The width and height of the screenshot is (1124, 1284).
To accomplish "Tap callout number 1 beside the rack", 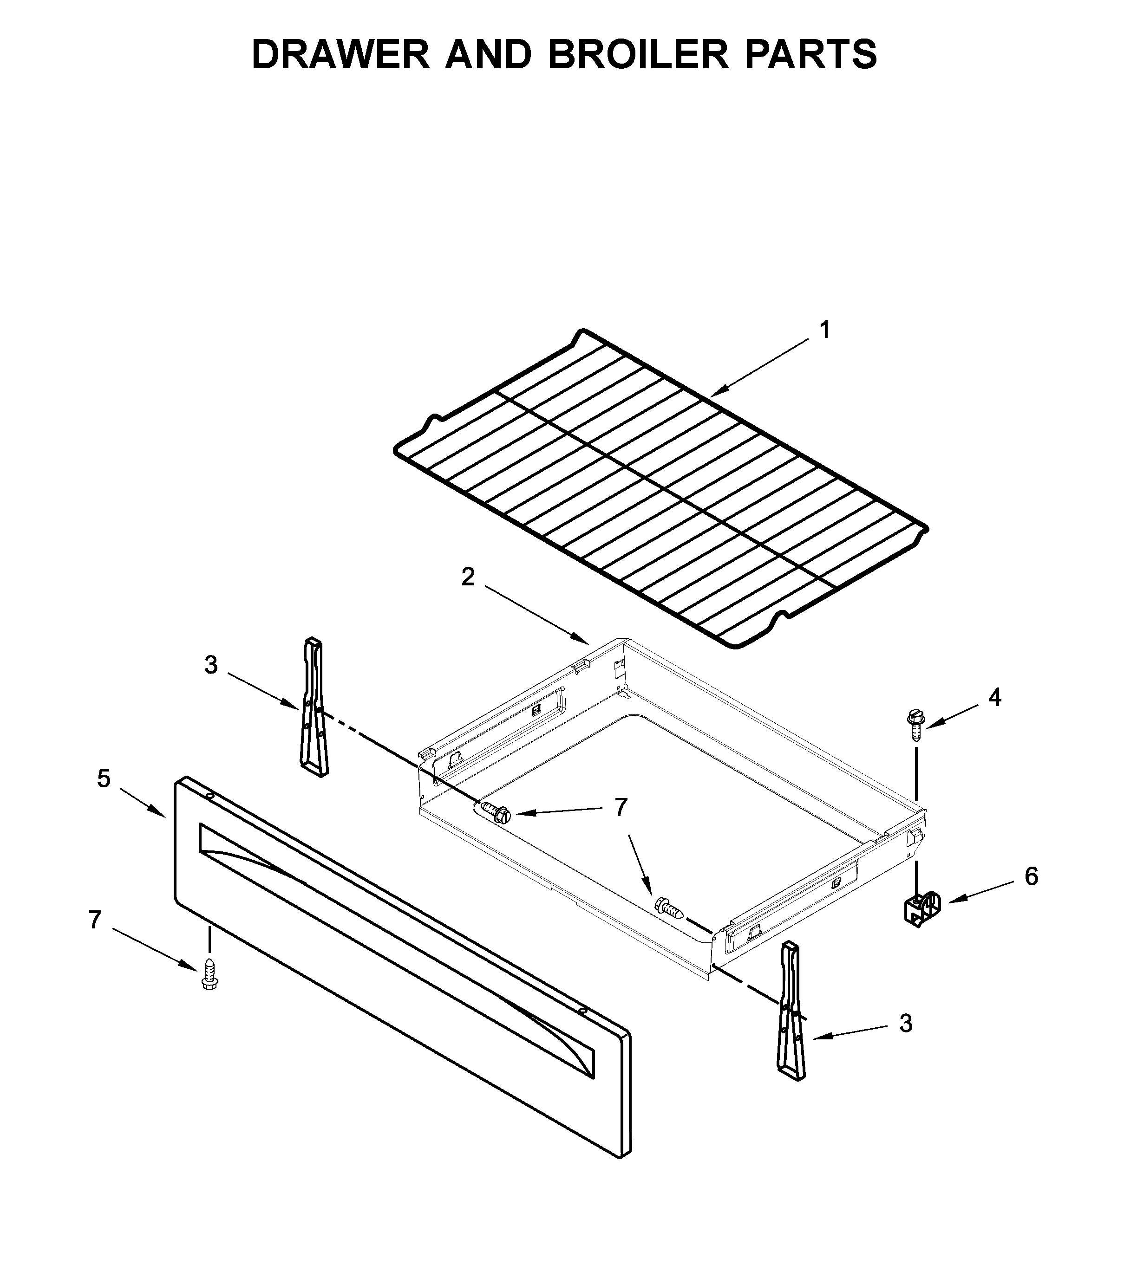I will pyautogui.click(x=825, y=330).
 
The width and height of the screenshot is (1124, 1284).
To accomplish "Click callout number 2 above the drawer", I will pyautogui.click(x=468, y=577).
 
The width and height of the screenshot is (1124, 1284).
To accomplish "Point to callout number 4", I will pyautogui.click(x=995, y=697).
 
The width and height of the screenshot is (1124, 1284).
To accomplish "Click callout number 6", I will pyautogui.click(x=1032, y=876).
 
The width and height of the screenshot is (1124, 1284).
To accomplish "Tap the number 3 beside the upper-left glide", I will pyautogui.click(x=211, y=665).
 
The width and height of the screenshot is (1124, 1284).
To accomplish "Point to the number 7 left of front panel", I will pyautogui.click(x=95, y=920).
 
